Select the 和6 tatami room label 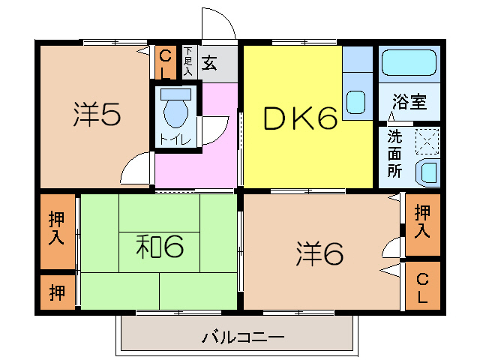click(x=159, y=246)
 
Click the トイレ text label click(x=176, y=139)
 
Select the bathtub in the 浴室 click(x=408, y=64)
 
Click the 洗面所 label click(x=394, y=154)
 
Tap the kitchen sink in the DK click(x=357, y=101)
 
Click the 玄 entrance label click(x=209, y=64)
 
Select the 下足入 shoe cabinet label click(x=187, y=64)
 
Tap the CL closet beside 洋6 click(x=423, y=288)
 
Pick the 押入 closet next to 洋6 click(x=422, y=223)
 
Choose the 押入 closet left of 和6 click(x=56, y=229)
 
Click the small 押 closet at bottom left click(x=56, y=291)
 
